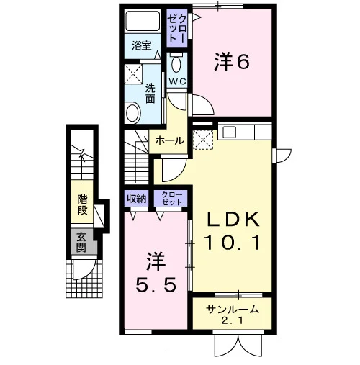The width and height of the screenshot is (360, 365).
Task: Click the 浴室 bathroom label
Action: click(142, 45)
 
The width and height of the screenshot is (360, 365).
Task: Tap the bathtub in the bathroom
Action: click(143, 21)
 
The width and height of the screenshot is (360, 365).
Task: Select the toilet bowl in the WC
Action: click(177, 63)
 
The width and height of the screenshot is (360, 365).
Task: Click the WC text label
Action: click(177, 81)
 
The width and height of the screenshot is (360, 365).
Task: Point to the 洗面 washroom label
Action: click(150, 94)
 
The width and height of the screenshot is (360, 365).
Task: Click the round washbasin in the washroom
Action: click(132, 112)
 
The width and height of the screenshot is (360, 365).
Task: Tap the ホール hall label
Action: click(169, 140)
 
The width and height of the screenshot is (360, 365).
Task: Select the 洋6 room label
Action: click(232, 62)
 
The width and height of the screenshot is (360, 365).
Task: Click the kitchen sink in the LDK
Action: click(229, 132)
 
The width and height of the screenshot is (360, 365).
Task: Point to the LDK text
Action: click(233, 219)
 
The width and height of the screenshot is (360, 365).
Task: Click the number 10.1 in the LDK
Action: click(233, 243)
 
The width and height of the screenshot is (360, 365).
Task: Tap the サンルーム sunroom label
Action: click(233, 310)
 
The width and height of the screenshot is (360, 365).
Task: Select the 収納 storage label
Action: click(136, 198)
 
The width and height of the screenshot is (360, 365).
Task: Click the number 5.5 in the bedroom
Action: click(156, 285)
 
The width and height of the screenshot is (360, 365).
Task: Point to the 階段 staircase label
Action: click(82, 204)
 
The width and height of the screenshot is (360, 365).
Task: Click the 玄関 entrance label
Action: click(81, 243)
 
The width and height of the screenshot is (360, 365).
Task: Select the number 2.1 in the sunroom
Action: click(232, 321)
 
